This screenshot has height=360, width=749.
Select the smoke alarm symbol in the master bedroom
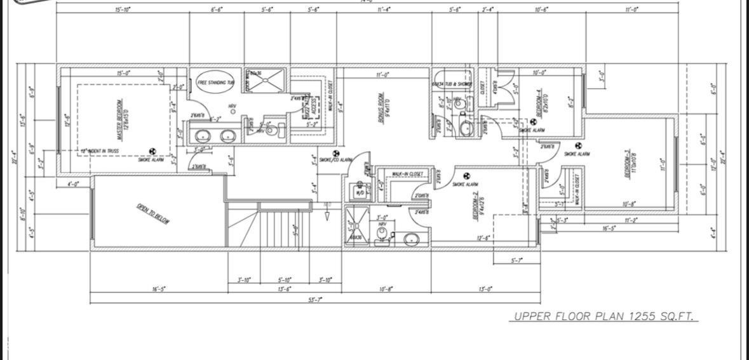pos(152,152)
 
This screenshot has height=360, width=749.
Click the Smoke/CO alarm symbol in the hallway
pos(336,153)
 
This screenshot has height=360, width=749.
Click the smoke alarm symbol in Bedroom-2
pos(466,176)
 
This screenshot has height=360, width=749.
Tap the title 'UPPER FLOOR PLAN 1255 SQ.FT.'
pos(603,316)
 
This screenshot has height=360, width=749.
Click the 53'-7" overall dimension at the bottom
pos(315,300)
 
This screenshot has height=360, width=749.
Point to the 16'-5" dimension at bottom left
pos(159,289)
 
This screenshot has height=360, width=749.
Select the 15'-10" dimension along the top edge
pos(123,10)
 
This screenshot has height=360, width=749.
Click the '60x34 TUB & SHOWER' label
pos(452,84)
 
